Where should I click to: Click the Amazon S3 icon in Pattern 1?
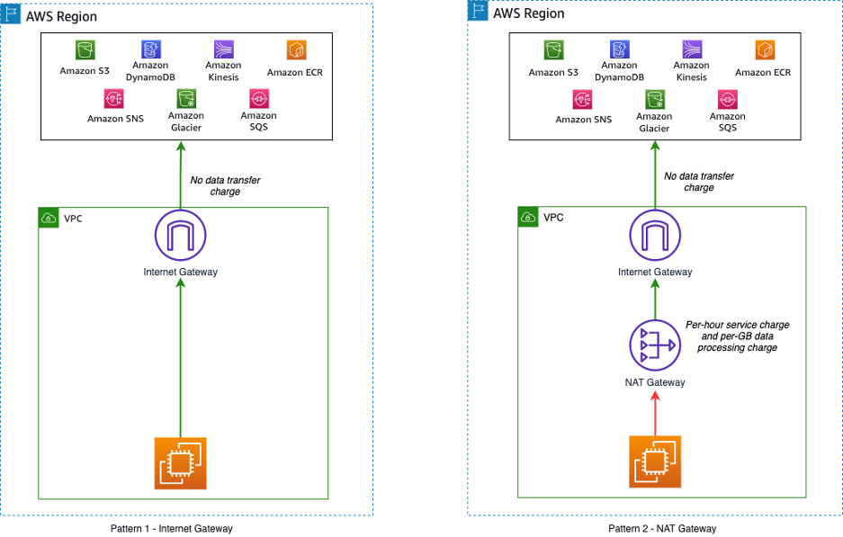85,50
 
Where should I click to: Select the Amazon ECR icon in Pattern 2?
765,50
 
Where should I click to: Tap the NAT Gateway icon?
655,345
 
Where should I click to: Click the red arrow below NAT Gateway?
655,414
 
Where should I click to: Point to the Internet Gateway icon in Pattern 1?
180,236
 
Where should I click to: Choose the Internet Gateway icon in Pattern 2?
655,236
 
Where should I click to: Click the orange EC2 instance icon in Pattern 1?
180,463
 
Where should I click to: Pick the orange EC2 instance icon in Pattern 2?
655,461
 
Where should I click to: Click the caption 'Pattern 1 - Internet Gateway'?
172,529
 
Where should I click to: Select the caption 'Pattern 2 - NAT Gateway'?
662,529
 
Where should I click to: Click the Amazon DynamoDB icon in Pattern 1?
151,49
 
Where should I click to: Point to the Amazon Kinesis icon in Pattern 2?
692,49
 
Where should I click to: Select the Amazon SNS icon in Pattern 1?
113,98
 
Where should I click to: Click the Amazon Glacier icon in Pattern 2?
655,100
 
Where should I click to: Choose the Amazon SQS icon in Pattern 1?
259,98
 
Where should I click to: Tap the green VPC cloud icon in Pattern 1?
49,218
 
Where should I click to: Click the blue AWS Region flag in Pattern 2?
478,11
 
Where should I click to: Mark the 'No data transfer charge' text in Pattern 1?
225,186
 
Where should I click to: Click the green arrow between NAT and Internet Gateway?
655,300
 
